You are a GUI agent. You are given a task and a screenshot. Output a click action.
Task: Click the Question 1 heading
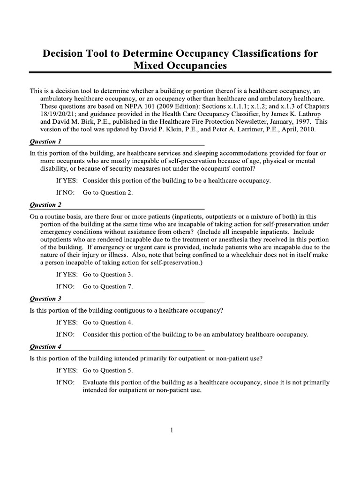(46, 141)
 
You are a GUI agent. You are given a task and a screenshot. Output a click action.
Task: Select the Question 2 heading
(46, 205)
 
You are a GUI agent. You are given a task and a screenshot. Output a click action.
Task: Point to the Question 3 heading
(46, 299)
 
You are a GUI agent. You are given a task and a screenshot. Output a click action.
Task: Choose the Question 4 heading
(46, 347)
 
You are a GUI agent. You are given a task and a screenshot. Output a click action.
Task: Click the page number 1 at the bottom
(172, 431)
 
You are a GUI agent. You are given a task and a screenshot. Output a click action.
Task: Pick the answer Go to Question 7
(108, 286)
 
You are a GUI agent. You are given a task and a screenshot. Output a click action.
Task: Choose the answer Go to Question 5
(108, 370)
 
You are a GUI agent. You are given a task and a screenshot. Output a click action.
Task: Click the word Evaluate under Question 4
(96, 382)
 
